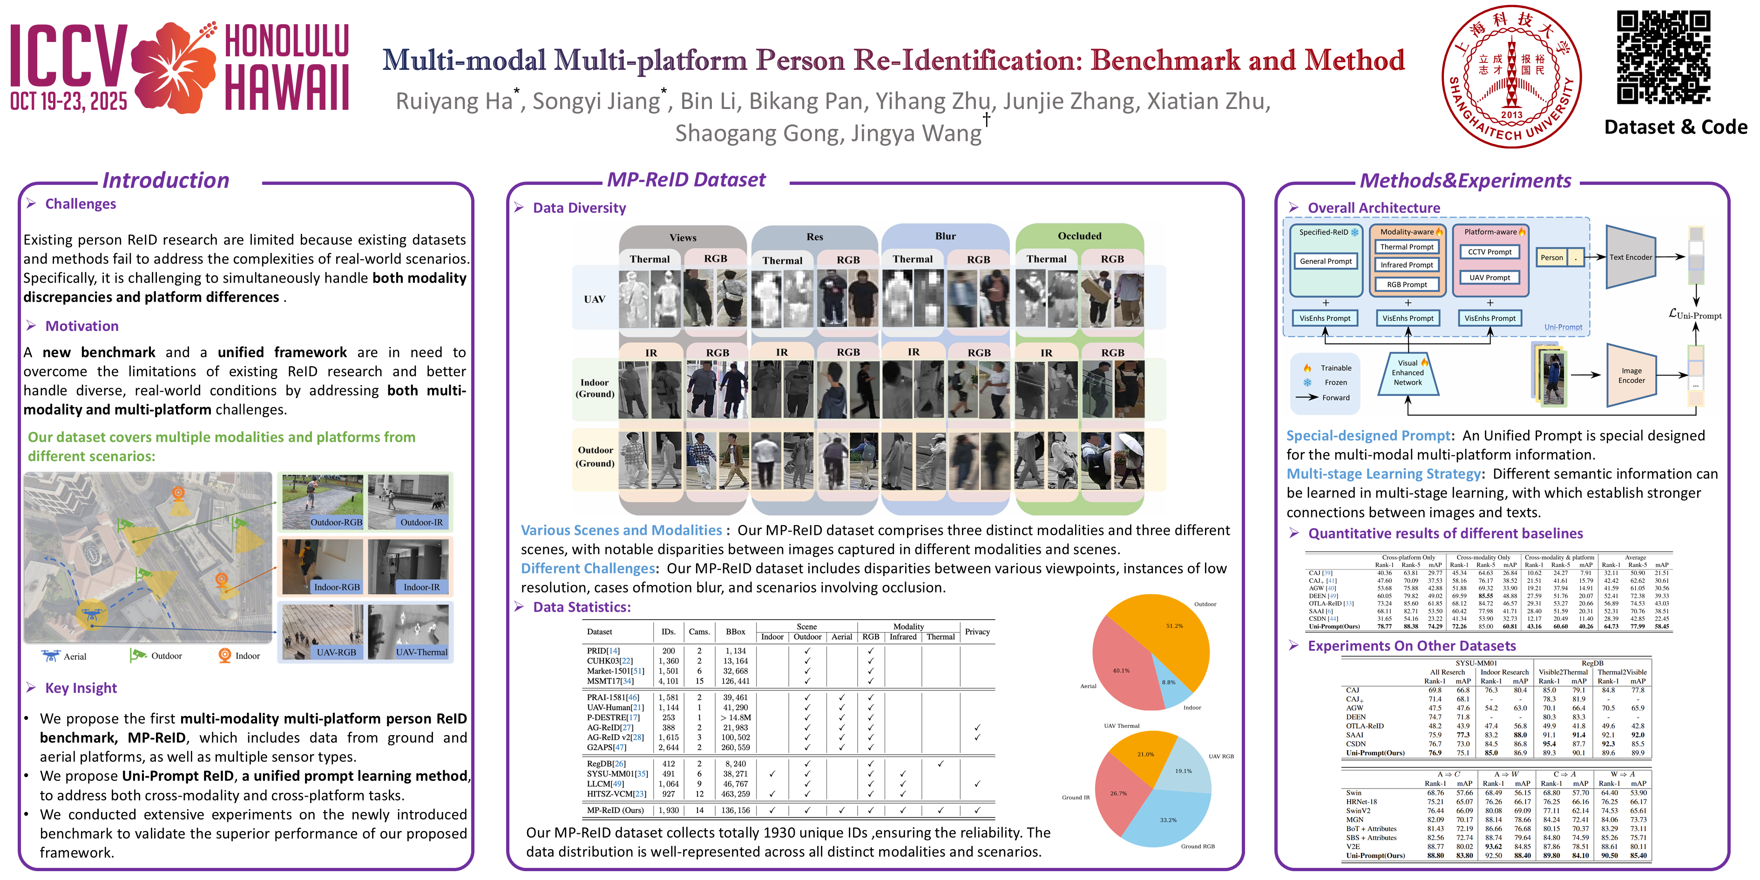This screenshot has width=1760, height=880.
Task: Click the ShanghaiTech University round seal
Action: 1511,76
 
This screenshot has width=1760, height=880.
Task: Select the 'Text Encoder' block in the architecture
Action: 1631,257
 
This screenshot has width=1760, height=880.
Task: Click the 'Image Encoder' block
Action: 1631,375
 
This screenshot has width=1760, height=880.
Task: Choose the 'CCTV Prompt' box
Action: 1489,251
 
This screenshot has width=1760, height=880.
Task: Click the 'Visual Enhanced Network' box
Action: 1408,373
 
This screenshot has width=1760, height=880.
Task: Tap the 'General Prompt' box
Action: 1326,261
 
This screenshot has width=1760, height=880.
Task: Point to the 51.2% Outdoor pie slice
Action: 1168,636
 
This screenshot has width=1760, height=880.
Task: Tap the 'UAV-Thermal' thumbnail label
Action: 421,652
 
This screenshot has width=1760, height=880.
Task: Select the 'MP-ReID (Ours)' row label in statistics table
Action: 615,810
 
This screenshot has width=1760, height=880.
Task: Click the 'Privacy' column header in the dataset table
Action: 977,632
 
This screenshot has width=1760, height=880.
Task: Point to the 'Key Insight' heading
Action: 81,688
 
